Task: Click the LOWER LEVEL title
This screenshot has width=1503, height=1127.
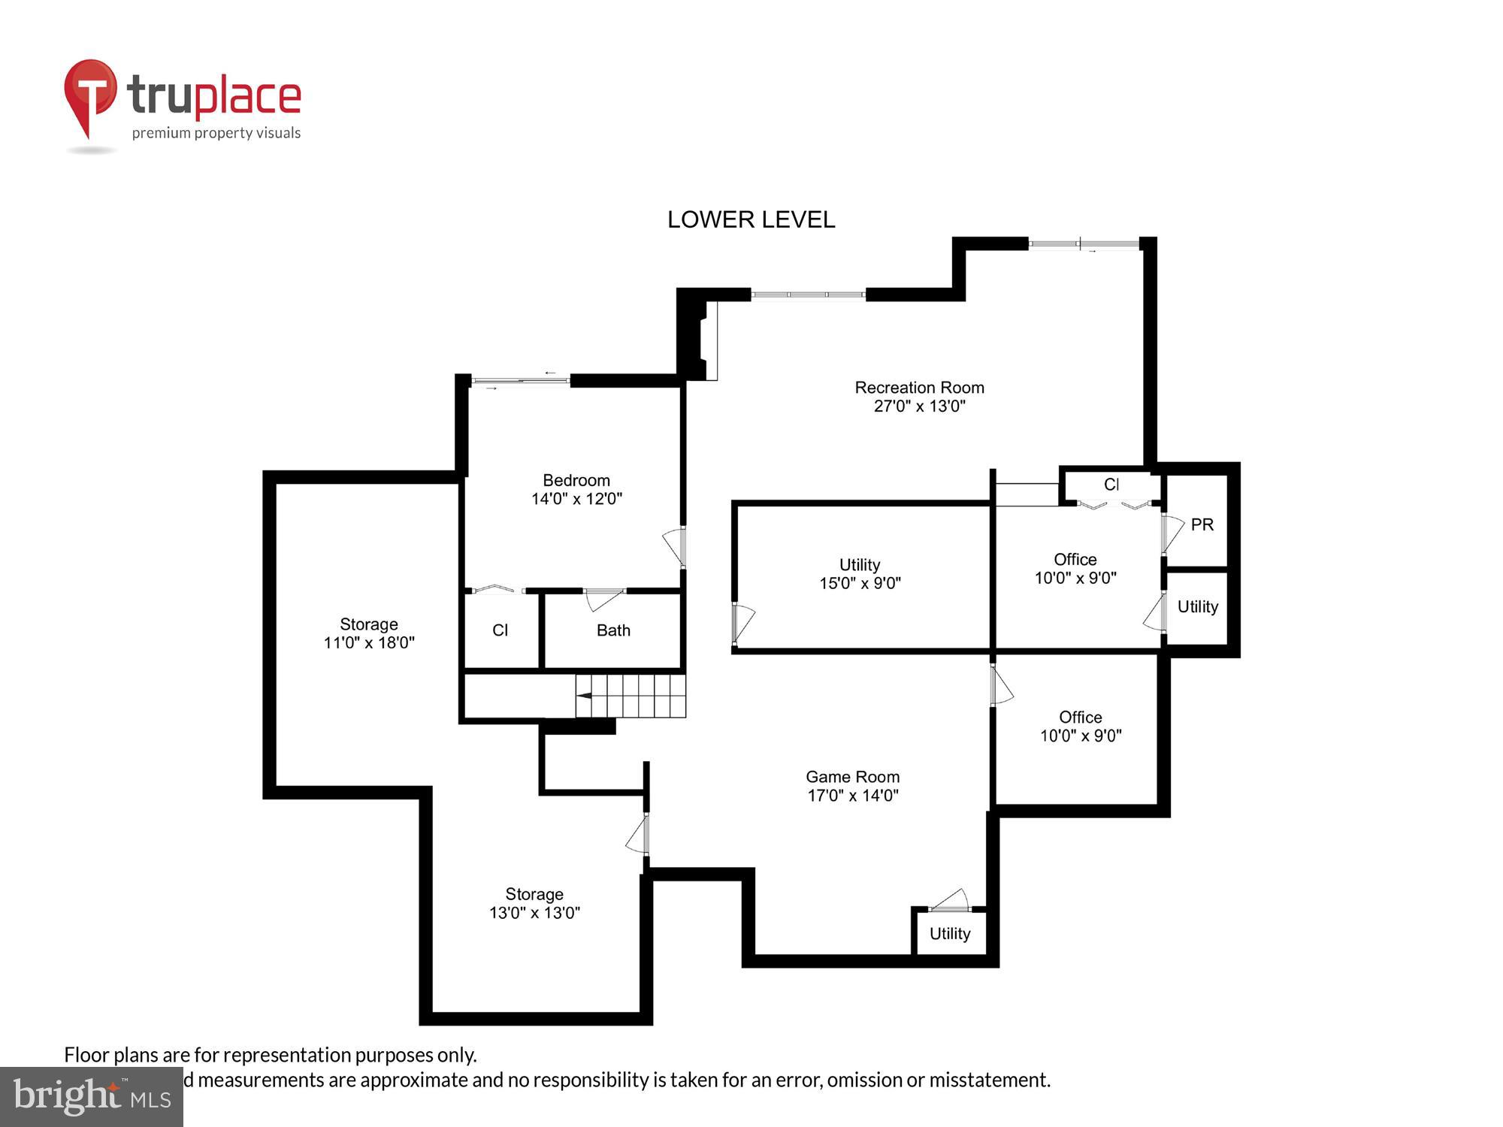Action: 751,219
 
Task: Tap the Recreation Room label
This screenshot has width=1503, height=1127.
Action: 919,388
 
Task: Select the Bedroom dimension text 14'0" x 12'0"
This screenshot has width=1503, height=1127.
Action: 576,499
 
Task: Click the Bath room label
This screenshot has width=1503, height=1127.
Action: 613,630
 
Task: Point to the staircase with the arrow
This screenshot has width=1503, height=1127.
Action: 631,696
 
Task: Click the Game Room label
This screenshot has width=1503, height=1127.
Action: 852,777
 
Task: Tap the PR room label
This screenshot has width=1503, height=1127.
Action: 1202,524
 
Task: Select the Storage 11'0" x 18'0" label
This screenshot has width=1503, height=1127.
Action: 368,633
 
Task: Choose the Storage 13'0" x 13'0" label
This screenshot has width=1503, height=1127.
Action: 534,903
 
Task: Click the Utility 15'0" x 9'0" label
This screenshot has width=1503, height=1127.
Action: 860,573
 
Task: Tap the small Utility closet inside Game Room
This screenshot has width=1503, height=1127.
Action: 950,933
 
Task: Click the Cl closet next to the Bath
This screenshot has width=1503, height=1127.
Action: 500,630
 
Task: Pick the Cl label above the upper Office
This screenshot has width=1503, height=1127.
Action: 1111,485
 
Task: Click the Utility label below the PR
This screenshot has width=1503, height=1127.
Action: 1197,606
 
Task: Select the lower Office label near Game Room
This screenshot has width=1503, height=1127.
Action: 1080,718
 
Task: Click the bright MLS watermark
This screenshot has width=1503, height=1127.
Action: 92,1097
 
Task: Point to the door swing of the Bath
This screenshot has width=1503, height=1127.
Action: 604,600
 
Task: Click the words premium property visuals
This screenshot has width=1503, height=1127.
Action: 216,133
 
